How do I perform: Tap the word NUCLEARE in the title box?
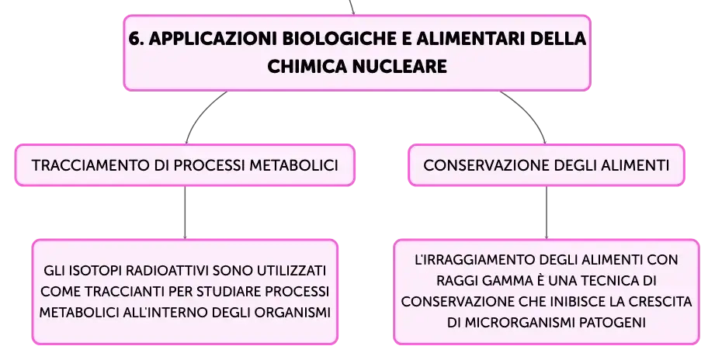pos(400,67)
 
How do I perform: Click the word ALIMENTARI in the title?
pos(470,40)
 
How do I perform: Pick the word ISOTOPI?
pos(95,271)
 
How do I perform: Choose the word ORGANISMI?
pos(293,313)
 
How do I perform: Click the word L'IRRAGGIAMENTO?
pos(475,260)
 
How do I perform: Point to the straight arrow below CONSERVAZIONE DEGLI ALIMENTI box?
pos(547,213)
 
